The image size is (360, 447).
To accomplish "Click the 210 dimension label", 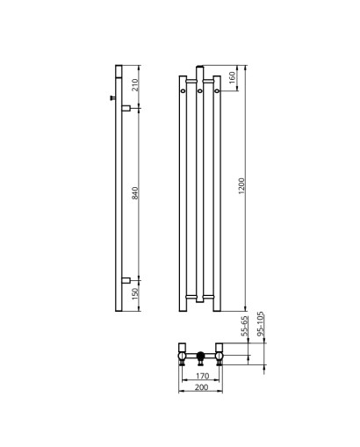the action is pyautogui.click(x=135, y=85).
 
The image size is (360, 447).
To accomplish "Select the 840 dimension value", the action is pyautogui.click(x=135, y=193).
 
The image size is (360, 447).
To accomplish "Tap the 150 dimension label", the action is pyautogui.click(x=135, y=294).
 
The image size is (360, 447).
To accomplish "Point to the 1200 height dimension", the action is pyautogui.click(x=241, y=186).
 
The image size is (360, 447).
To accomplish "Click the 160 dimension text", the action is pyautogui.click(x=232, y=77).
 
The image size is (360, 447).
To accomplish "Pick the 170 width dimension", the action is pyautogui.click(x=202, y=376).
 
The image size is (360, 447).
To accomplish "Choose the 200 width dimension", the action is pyautogui.click(x=202, y=387).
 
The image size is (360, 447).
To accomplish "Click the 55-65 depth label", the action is pyautogui.click(x=245, y=326).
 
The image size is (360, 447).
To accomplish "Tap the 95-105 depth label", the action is pyautogui.click(x=261, y=323).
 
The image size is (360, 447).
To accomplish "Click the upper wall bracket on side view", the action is pyautogui.click(x=126, y=108).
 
